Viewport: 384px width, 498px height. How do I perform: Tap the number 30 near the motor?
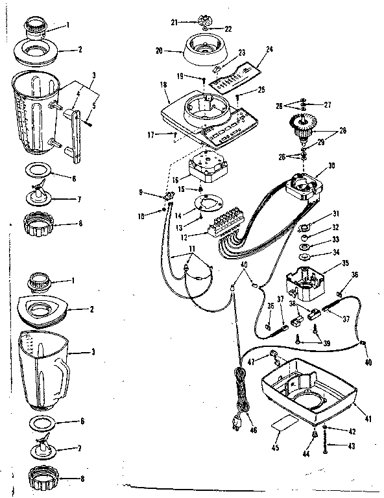[331, 165]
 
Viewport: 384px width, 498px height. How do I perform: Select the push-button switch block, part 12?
[226, 218]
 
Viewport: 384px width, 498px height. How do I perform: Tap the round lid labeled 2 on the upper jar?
[42, 52]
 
